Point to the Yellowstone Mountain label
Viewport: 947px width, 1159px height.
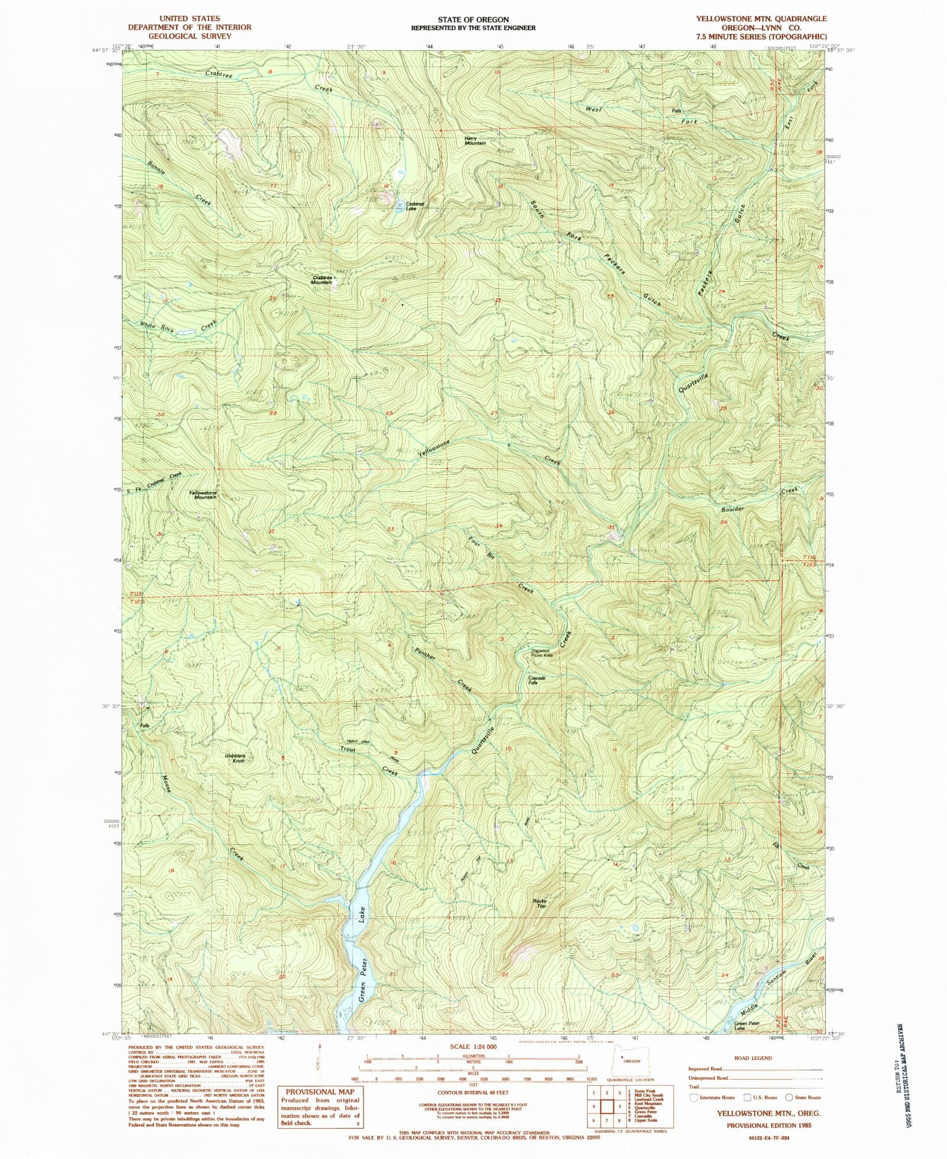pos(202,495)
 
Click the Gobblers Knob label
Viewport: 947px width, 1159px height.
pos(235,758)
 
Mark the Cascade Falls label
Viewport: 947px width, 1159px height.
pos(536,680)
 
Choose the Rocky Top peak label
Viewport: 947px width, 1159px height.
pos(540,903)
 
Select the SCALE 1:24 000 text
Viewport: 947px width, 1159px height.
pos(474,1047)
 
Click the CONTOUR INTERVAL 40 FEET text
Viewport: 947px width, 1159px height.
pos(473,1092)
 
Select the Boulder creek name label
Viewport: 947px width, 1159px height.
pos(732,509)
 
